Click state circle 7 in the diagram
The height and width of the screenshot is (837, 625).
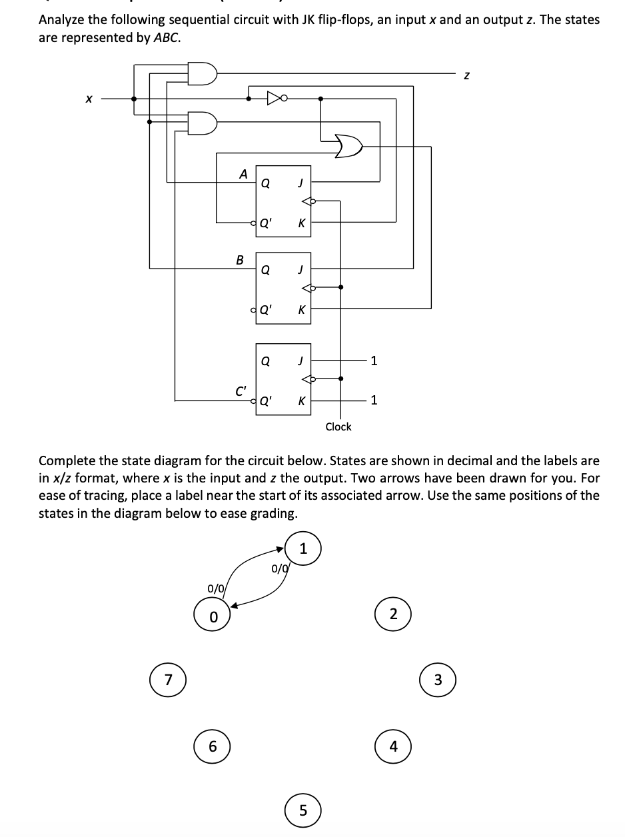(167, 680)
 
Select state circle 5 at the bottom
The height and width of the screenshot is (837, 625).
(303, 810)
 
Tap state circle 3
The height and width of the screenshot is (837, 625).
(437, 680)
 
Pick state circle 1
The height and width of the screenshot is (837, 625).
(303, 549)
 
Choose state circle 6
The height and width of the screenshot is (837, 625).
(213, 746)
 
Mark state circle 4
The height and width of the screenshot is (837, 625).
(393, 746)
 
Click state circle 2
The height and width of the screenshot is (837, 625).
(393, 614)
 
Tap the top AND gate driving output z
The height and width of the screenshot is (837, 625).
(202, 73)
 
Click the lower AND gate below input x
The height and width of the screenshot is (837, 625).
(202, 122)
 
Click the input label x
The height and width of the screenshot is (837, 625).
(88, 99)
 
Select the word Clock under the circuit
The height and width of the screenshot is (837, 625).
(338, 426)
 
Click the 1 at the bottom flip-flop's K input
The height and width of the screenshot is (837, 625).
(374, 401)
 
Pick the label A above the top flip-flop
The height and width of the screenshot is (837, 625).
(243, 173)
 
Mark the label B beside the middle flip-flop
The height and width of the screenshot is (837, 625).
(240, 259)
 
